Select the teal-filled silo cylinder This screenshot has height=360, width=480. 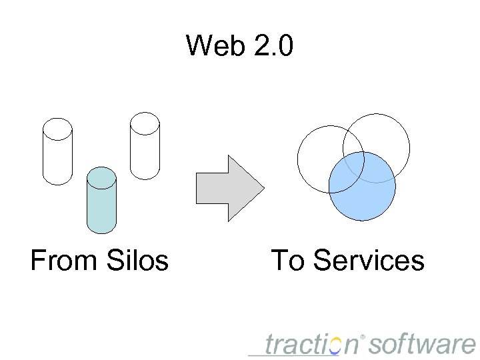pos(101,203)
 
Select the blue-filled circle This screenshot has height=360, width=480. pos(363,193)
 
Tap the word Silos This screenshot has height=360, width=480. pos(136,260)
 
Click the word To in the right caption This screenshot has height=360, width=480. pos(287,260)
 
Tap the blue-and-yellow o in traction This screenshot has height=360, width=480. pos(335,345)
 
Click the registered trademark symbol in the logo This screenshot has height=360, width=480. pos(363,336)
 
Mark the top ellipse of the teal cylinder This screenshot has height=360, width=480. pos(101,177)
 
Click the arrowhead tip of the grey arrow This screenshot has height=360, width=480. pos(263,188)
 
